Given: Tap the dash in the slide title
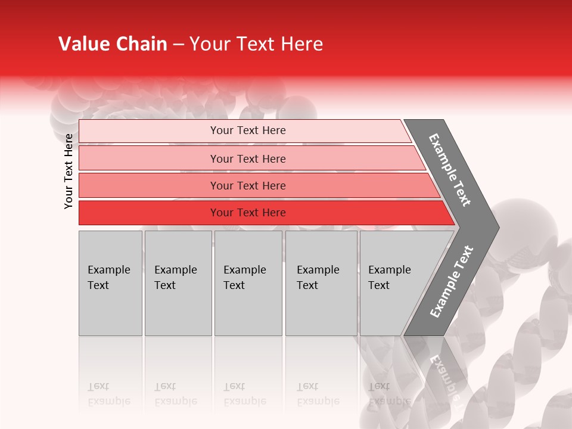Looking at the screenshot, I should pyautogui.click(x=178, y=45).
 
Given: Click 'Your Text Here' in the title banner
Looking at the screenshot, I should pyautogui.click(x=256, y=44).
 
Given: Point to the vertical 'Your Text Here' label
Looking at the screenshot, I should pyautogui.click(x=69, y=171).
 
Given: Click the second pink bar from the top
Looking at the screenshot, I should pyautogui.click(x=248, y=158).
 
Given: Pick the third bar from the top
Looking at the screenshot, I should pyautogui.click(x=248, y=185).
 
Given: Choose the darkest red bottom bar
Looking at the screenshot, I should pyautogui.click(x=248, y=213).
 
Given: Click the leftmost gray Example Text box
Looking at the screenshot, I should pyautogui.click(x=110, y=283).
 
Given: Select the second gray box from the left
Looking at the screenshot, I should pyautogui.click(x=178, y=283).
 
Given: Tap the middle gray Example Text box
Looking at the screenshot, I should pyautogui.click(x=247, y=283).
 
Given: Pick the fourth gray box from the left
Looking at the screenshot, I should pyautogui.click(x=321, y=283).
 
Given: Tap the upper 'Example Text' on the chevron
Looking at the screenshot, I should pyautogui.click(x=450, y=170).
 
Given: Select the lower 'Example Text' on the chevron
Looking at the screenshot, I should pyautogui.click(x=452, y=281).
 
